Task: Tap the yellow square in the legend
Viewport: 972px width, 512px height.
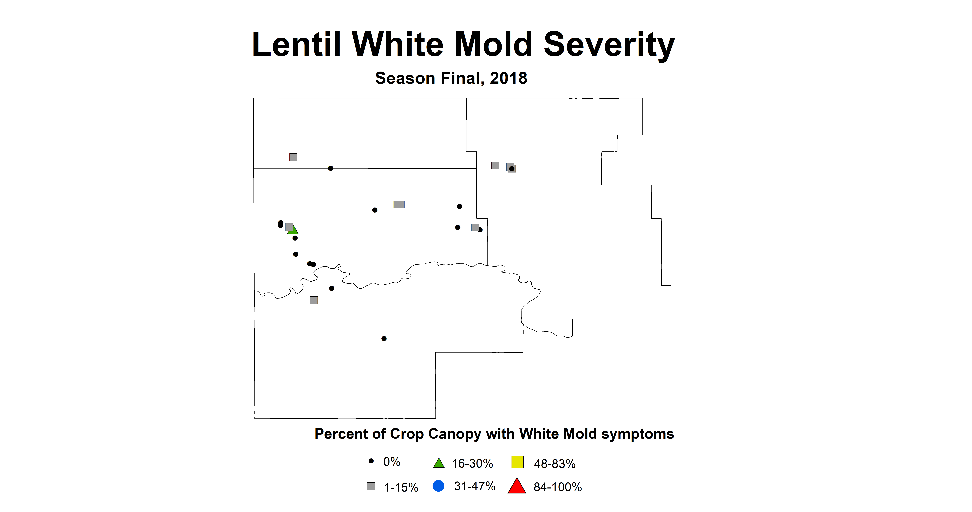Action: point(517,462)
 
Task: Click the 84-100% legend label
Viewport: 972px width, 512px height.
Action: point(557,487)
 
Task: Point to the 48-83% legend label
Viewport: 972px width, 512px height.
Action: point(554,464)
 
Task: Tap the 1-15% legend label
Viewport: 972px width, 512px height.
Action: point(401,487)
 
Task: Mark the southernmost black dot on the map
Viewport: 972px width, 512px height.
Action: point(384,339)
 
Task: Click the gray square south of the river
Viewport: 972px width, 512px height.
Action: point(314,300)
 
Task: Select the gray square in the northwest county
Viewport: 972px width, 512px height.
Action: point(293,157)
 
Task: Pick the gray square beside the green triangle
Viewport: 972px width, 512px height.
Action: point(289,227)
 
